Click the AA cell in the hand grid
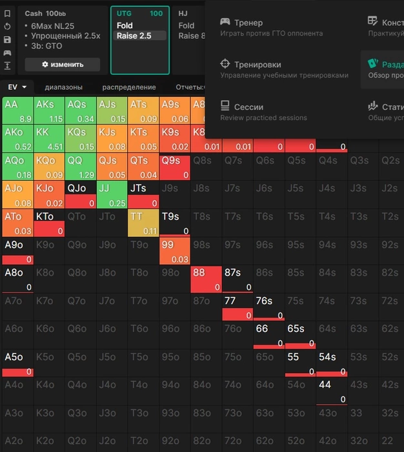(18, 110)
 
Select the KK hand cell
(49, 138)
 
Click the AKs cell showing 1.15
(49, 110)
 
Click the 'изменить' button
(63, 65)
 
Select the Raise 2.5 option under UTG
(134, 36)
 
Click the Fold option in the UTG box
(125, 26)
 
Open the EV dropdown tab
(17, 87)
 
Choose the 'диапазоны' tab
(63, 87)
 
